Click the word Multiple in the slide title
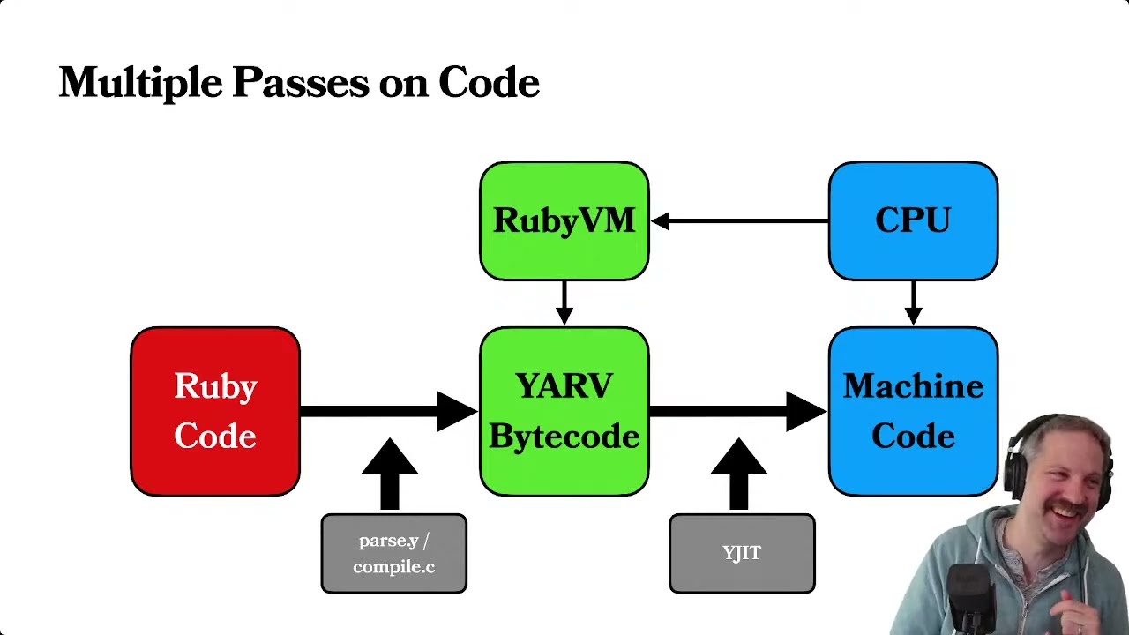coord(140,83)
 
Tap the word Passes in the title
coord(301,82)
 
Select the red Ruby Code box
coord(215,411)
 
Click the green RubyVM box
coord(564,220)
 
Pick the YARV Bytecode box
coord(564,411)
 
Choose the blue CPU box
coord(913,220)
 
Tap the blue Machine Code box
coord(913,411)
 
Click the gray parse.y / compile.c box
coord(394,553)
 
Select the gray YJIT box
coord(742,553)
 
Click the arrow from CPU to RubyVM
coord(739,220)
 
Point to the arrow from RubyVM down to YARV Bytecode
coord(564,303)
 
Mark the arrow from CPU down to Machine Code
coord(913,303)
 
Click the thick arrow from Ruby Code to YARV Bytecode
coord(389,411)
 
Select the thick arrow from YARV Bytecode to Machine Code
coord(738,411)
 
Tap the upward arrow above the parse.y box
coord(390,474)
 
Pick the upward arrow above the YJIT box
coord(739,474)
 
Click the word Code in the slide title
coord(489,82)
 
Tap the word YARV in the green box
coord(564,385)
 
